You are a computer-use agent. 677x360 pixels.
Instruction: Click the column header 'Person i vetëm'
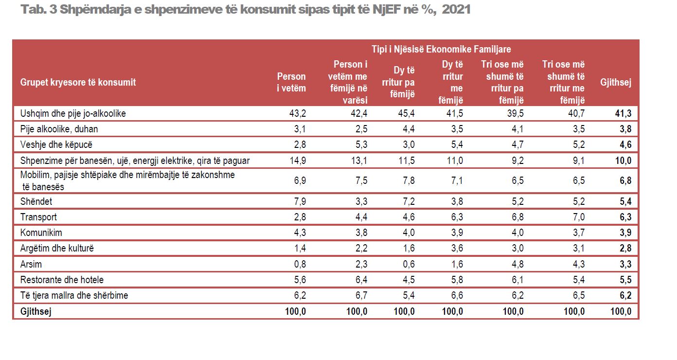pos(291,82)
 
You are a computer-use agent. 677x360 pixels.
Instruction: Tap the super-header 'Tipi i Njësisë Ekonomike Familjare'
pos(441,49)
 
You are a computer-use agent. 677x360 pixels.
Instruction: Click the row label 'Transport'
pos(38,217)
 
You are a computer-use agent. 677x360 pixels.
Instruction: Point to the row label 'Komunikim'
pos(41,233)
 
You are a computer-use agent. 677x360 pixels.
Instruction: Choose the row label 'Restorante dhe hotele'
pos(62,280)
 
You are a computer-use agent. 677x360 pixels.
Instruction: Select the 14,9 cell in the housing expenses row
pos(298,161)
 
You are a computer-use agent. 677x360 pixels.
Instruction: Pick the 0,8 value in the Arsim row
pos(300,264)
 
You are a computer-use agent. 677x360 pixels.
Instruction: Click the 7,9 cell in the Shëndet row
pos(300,201)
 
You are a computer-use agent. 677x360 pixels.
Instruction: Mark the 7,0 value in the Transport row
pos(579,217)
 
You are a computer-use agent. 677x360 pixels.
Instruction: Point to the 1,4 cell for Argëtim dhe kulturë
pos(300,249)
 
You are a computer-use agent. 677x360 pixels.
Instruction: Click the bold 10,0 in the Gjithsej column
pos(623,161)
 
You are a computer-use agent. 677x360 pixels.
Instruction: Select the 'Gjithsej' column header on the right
pos(616,82)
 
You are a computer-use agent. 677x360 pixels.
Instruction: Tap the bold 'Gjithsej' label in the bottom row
pos(36,311)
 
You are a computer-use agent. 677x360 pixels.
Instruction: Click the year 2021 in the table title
pos(457,9)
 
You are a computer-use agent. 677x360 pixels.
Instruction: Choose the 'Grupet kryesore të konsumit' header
pos(78,82)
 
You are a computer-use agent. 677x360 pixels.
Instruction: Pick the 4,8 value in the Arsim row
pos(518,264)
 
